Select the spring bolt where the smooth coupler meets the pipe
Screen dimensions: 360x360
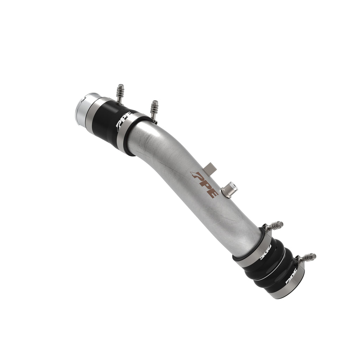[x=154, y=108]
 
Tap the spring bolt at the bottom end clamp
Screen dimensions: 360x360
[x=308, y=258]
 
